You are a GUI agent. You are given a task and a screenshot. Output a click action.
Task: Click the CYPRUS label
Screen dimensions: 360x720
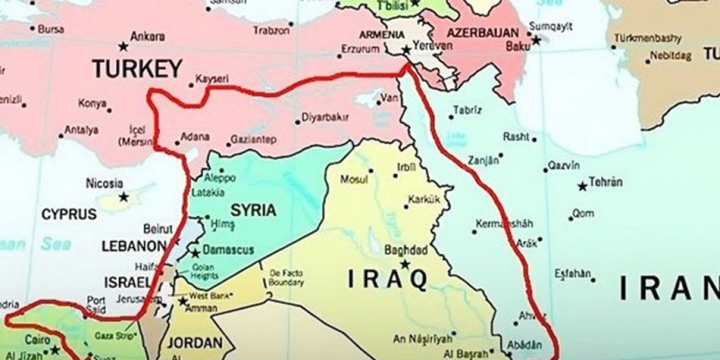click(67, 213)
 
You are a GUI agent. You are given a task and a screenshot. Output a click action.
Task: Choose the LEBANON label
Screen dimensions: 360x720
click(132, 245)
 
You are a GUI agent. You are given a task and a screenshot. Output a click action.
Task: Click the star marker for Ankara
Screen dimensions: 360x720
click(124, 43)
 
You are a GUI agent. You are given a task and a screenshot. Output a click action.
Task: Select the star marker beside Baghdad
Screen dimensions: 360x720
click(407, 263)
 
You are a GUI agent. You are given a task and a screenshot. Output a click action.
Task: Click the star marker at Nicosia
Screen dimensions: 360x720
click(124, 196)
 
